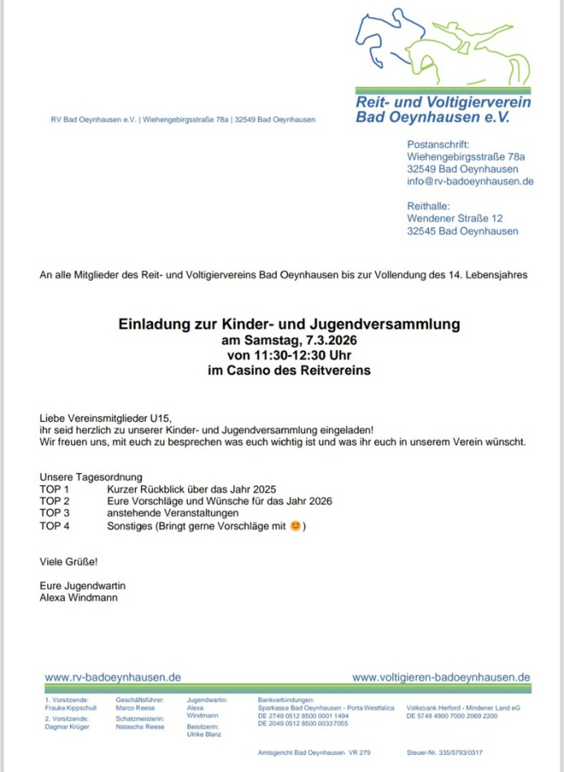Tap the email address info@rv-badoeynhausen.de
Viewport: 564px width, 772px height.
[x=470, y=182]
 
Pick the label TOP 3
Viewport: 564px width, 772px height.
[x=55, y=514]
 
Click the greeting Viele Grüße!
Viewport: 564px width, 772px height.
[x=69, y=561]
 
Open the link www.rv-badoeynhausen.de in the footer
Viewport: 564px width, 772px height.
[x=112, y=678]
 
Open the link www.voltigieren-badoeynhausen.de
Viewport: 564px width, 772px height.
[x=441, y=678]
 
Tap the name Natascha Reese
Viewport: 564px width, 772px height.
[x=140, y=726]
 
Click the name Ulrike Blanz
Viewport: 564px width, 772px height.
[x=204, y=735]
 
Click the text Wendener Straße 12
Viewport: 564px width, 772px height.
[x=454, y=218]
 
